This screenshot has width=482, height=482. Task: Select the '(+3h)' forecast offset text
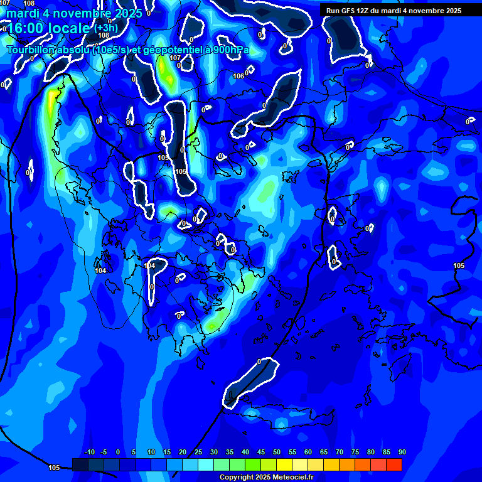pos(105,29)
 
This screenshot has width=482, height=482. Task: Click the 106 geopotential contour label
pos(238,76)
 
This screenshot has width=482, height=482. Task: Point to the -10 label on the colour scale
pos(89,453)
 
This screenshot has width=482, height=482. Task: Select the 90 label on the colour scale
pos(402,453)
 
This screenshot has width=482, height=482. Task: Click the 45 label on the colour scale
pos(260,453)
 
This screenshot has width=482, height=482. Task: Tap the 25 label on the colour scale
pos(198,453)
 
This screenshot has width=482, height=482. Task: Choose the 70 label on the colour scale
pos(339,453)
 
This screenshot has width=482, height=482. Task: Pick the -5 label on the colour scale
pos(104,453)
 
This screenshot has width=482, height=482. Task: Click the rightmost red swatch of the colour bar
pos(394,464)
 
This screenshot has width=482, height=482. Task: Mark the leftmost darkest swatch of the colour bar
pos(80,464)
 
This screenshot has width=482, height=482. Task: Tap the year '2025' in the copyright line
pos(260,477)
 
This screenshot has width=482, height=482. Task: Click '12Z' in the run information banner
pos(364,11)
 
